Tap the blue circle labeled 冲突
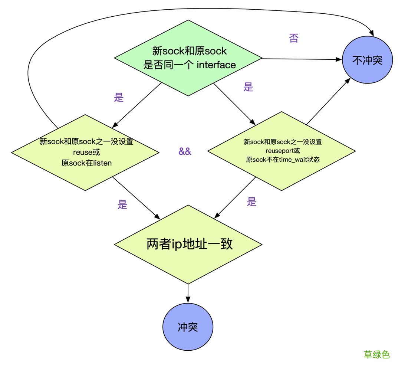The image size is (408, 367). point(188,327)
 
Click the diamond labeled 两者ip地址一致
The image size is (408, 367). point(188,245)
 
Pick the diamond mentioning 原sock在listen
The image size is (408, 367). point(86,152)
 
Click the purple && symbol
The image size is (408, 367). point(185,151)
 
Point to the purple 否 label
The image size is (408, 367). point(293,39)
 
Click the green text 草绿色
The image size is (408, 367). point(376,354)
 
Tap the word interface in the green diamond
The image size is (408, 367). point(216,65)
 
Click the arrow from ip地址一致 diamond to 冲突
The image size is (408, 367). point(188,293)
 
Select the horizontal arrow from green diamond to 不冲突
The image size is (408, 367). point(300,59)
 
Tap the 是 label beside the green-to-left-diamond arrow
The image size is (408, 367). point(119,97)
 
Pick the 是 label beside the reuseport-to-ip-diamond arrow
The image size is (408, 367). point(252,202)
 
